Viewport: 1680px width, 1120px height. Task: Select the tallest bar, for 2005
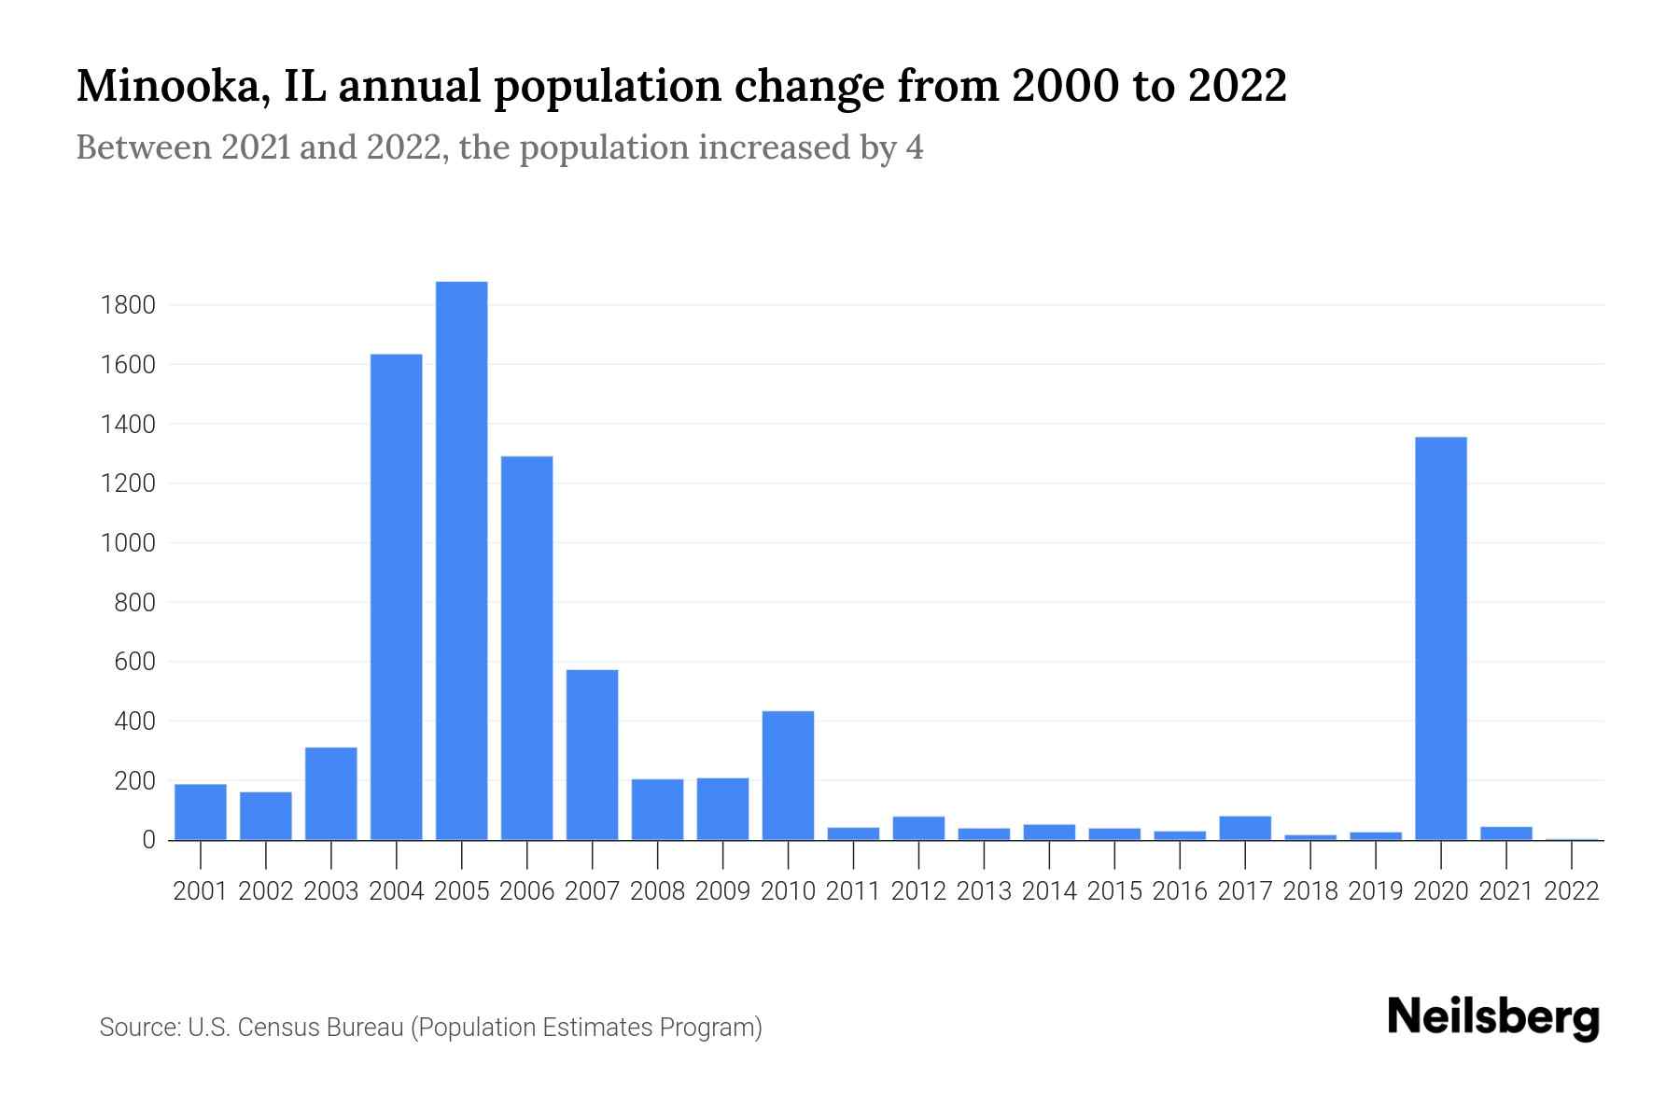pos(461,560)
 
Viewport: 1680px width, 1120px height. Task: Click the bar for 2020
pos(1440,638)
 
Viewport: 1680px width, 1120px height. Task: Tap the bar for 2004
pos(396,597)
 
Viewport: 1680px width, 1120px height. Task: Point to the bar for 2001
pos(200,812)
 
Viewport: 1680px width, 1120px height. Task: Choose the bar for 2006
pos(526,648)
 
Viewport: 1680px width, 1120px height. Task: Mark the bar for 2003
pos(330,793)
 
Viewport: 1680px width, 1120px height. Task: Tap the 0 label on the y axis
pos(147,840)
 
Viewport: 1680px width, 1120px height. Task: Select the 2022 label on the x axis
pos(1571,891)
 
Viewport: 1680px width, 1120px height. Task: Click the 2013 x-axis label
pos(984,891)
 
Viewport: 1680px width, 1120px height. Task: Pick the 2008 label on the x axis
pos(657,891)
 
